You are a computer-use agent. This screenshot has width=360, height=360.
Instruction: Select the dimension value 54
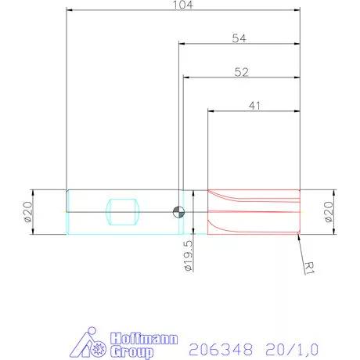click(240, 38)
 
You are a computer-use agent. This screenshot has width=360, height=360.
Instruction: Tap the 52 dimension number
click(242, 71)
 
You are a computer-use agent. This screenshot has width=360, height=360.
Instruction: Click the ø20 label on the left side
click(27, 212)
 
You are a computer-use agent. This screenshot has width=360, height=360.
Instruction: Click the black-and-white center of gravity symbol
click(179, 211)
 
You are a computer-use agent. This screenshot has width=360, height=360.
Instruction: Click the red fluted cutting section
click(253, 212)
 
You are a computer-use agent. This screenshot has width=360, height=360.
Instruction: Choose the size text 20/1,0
click(293, 345)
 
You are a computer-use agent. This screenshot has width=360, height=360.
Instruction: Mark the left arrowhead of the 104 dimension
click(70, 10)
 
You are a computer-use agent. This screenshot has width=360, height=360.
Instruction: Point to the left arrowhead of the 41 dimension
click(210, 111)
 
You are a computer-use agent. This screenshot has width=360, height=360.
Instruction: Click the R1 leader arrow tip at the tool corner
click(299, 236)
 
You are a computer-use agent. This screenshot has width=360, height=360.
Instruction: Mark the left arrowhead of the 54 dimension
click(182, 45)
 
